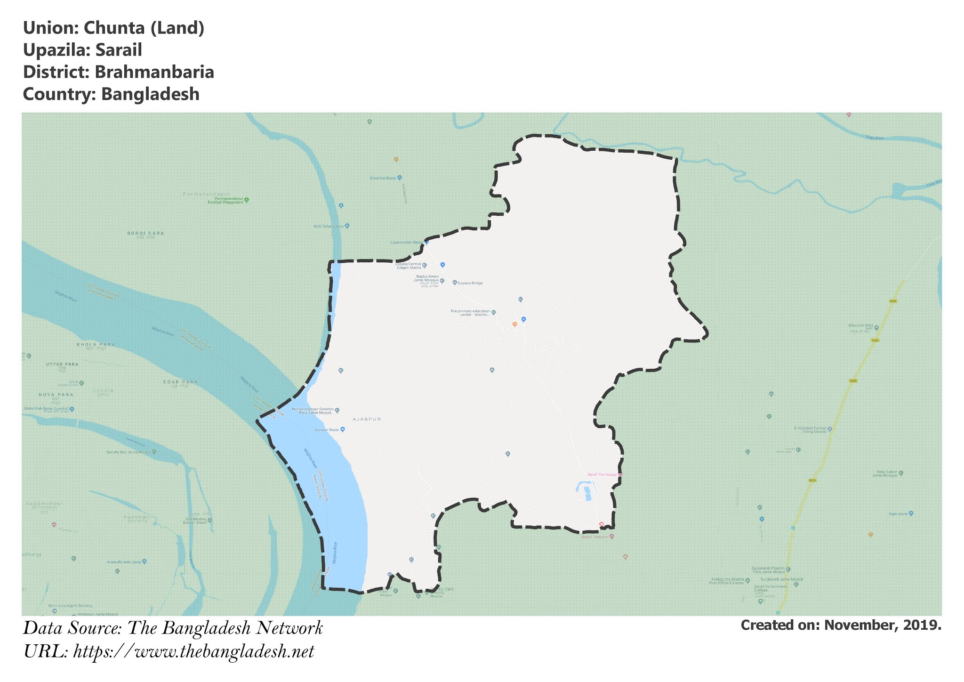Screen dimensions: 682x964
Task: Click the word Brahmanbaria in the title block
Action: [x=154, y=72]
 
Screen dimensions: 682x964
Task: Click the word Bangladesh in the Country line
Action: [x=150, y=94]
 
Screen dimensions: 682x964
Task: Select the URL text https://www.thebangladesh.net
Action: [x=193, y=651]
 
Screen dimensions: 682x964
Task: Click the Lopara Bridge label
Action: [x=470, y=283]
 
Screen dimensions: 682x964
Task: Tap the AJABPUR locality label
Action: [x=367, y=419]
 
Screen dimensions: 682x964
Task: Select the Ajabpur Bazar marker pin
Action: [x=343, y=430]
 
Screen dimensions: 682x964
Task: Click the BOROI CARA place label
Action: [x=145, y=233]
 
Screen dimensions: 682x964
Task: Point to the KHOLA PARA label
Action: [x=96, y=345]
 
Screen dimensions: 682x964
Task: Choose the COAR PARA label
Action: [x=180, y=382]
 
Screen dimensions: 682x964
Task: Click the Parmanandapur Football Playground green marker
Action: [x=247, y=200]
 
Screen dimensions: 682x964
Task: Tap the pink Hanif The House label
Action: [x=602, y=475]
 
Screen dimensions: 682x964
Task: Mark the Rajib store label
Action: [x=898, y=513]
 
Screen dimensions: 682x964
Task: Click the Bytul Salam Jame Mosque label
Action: [x=887, y=473]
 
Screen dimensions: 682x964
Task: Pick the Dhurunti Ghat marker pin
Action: [x=876, y=328]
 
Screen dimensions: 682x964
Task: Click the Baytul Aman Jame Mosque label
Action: [x=426, y=278]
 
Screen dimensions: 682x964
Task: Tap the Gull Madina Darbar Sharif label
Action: [x=196, y=520]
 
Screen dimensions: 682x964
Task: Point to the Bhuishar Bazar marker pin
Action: [x=400, y=178]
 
